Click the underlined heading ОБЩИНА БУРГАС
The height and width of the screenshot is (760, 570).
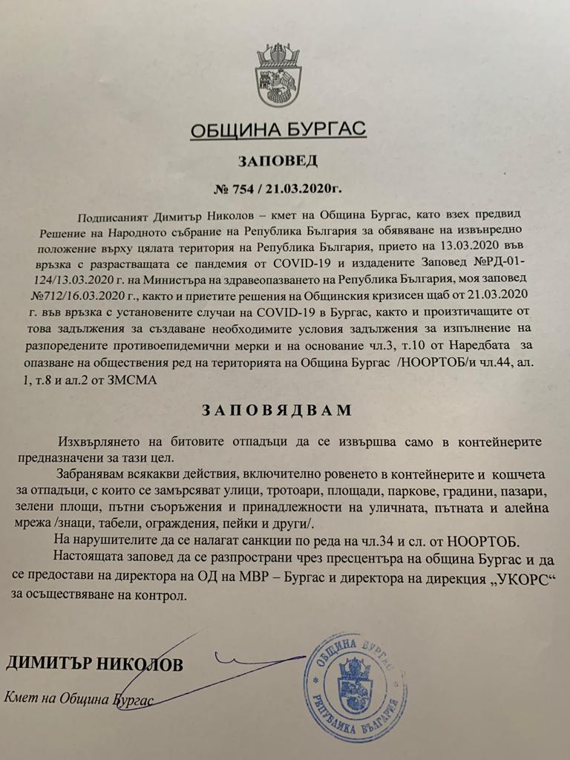(278, 131)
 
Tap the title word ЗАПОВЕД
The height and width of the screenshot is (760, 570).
(277, 160)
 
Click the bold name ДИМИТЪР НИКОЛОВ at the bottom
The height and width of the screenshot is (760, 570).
(94, 663)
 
